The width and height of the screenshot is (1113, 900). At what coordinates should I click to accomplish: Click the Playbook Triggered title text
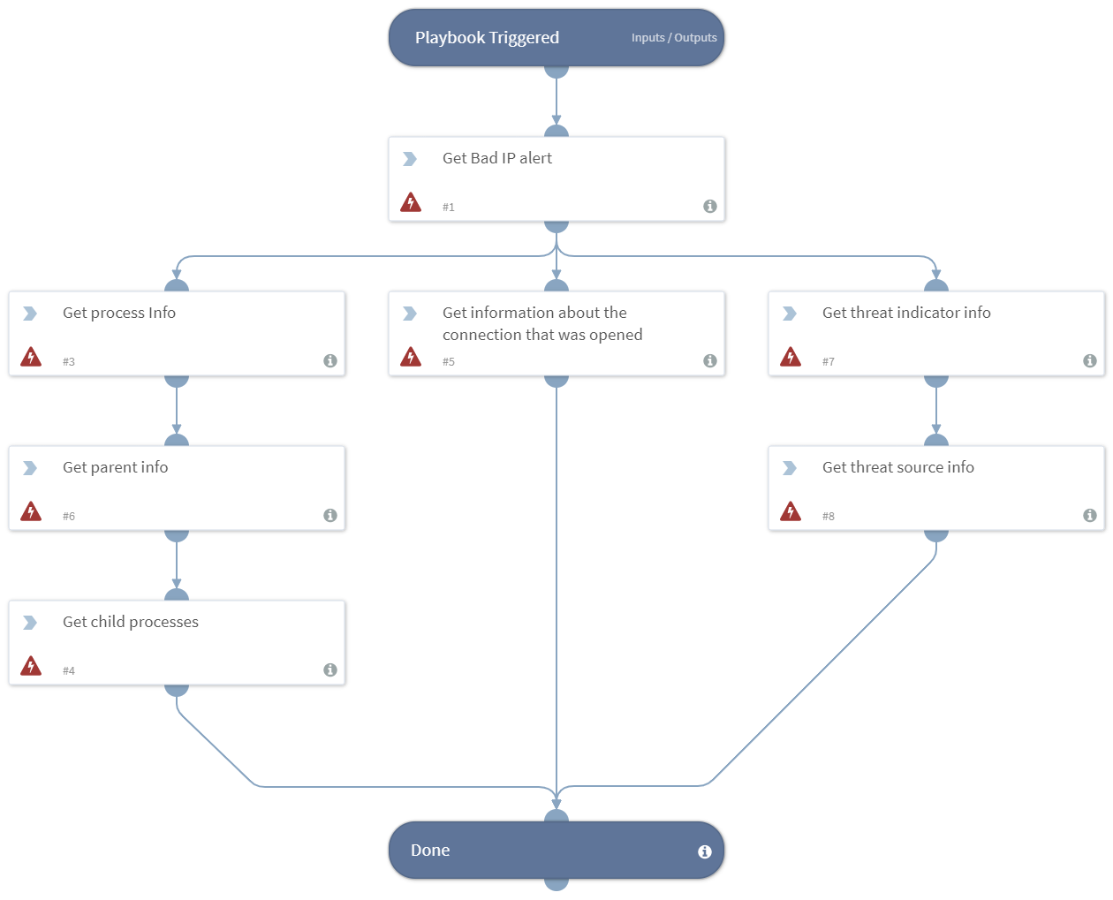487,38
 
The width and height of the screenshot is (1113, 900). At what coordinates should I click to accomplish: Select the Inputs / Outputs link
673,38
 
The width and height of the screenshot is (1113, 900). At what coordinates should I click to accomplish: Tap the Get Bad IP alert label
496,158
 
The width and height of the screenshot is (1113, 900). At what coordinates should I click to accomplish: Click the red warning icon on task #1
411,202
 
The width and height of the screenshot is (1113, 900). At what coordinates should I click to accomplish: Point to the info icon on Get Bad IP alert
709,206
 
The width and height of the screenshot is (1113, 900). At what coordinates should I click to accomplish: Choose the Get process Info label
118,313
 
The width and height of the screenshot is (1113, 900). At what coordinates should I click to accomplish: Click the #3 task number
69,362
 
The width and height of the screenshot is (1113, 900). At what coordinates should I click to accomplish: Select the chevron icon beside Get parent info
30,468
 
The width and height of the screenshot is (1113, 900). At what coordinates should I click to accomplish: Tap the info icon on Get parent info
329,515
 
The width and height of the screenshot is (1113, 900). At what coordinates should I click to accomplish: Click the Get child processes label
130,622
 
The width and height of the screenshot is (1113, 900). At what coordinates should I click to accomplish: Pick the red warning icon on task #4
31,666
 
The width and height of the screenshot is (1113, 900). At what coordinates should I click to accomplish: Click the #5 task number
449,362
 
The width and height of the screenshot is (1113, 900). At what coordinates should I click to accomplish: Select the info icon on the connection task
709,360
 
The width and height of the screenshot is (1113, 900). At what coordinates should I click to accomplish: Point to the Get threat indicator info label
905,313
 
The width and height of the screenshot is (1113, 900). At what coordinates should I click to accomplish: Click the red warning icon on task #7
791,357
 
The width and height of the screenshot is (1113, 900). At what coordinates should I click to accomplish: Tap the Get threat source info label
897,467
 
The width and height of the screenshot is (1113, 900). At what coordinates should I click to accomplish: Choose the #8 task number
829,517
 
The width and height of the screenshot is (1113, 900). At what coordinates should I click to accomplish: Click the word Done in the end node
430,851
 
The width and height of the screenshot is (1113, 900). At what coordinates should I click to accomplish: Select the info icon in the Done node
704,851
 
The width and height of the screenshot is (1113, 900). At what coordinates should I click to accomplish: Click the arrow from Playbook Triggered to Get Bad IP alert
556,102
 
